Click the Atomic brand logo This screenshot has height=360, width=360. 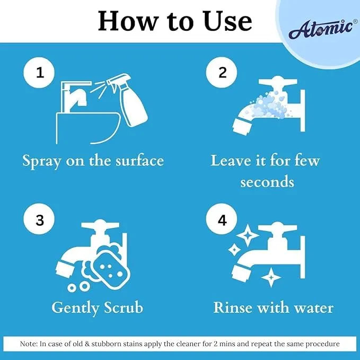pyautogui.click(x=320, y=29)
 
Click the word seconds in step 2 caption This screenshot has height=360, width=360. pyautogui.click(x=267, y=182)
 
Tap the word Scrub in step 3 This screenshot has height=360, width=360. pyautogui.click(x=121, y=308)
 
